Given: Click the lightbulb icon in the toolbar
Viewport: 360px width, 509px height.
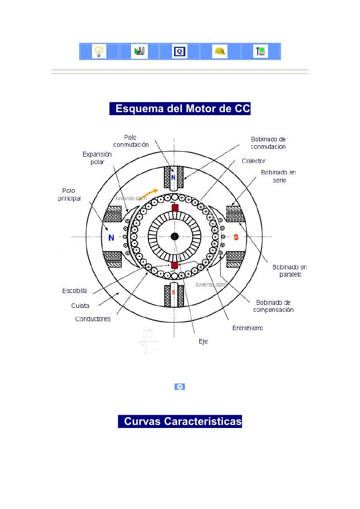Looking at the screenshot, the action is pos(99,51).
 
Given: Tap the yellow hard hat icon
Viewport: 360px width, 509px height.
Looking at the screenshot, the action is pos(220,51).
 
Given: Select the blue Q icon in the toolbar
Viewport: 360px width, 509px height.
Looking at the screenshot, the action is pos(180,51).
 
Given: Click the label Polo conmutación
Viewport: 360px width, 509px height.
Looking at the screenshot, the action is pos(131,141).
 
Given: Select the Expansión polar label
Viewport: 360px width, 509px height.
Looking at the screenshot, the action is pos(97,158).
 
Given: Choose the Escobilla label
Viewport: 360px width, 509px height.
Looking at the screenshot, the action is pos(75,291).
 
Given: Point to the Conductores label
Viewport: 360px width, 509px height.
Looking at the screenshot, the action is pos(93,319).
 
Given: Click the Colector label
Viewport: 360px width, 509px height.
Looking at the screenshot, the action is pos(254,161).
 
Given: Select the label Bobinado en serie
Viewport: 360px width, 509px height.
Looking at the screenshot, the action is pos(278,176).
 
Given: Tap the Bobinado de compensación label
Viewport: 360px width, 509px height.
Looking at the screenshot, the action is pos(273,306).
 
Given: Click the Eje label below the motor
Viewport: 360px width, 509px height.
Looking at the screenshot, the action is pos(203,341).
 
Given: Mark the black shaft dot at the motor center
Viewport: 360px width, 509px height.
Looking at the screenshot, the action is pos(174,236).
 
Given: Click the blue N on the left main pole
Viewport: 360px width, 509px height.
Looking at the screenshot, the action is pos(111,238).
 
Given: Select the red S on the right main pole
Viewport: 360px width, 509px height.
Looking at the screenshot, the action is pos(236,238).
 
